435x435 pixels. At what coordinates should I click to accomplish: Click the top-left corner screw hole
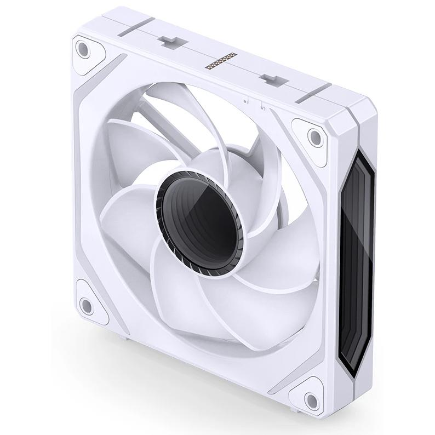click(83, 50)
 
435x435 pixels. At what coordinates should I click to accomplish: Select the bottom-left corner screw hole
click(86, 304)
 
